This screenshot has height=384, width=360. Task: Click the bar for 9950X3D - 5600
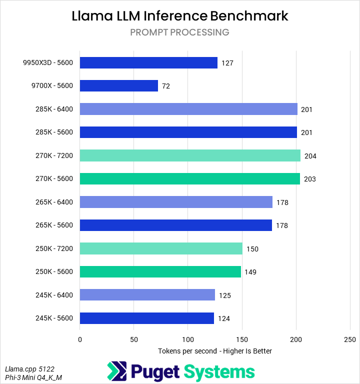coord(148,62)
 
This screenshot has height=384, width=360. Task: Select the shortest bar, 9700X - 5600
coord(119,85)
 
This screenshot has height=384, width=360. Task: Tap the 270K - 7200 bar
coord(190,155)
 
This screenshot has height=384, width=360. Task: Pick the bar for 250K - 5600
coord(160,271)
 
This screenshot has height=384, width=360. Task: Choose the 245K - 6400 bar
coord(147,295)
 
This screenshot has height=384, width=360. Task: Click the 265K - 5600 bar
coord(175,225)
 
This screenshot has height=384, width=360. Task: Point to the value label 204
coord(310,155)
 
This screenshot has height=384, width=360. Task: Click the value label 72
coord(166,86)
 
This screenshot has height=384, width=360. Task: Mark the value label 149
coord(250,272)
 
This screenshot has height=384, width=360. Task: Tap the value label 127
coord(227,63)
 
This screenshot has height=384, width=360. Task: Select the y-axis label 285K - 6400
coord(51,109)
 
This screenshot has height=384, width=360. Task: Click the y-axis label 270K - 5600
coord(51,178)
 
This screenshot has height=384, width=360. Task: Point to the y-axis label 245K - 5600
coord(51,318)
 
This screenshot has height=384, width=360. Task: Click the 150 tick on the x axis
coord(242,339)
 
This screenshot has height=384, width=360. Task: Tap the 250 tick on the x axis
coord(350,339)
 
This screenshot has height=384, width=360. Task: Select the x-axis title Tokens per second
coord(214,351)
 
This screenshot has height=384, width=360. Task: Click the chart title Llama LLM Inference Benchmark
coord(180,15)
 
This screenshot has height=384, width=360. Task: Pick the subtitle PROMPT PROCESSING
coord(180,32)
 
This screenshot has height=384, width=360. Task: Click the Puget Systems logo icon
coord(117,371)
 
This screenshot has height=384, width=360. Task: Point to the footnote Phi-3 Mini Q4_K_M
coord(33,377)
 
